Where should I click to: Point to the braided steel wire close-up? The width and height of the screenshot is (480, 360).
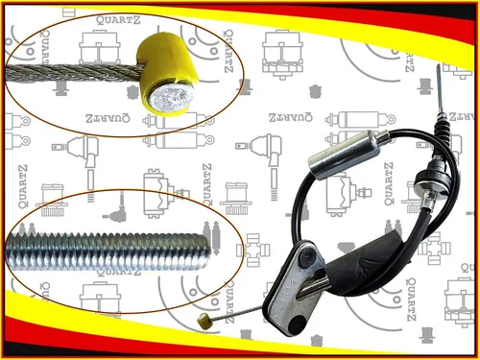(74, 73)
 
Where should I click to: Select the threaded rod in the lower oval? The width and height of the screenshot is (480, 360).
(108, 251)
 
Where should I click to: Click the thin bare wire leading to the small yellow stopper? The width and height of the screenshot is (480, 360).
(237, 313)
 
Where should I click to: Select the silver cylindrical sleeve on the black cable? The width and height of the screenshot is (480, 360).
(343, 155)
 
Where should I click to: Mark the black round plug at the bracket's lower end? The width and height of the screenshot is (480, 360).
(297, 324)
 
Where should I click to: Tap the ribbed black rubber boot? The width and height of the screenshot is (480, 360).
(443, 129)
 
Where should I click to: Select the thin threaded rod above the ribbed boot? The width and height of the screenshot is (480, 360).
(441, 87)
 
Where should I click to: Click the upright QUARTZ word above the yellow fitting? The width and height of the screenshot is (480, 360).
(118, 20)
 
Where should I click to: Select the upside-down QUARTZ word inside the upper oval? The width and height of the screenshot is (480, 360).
(108, 118)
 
